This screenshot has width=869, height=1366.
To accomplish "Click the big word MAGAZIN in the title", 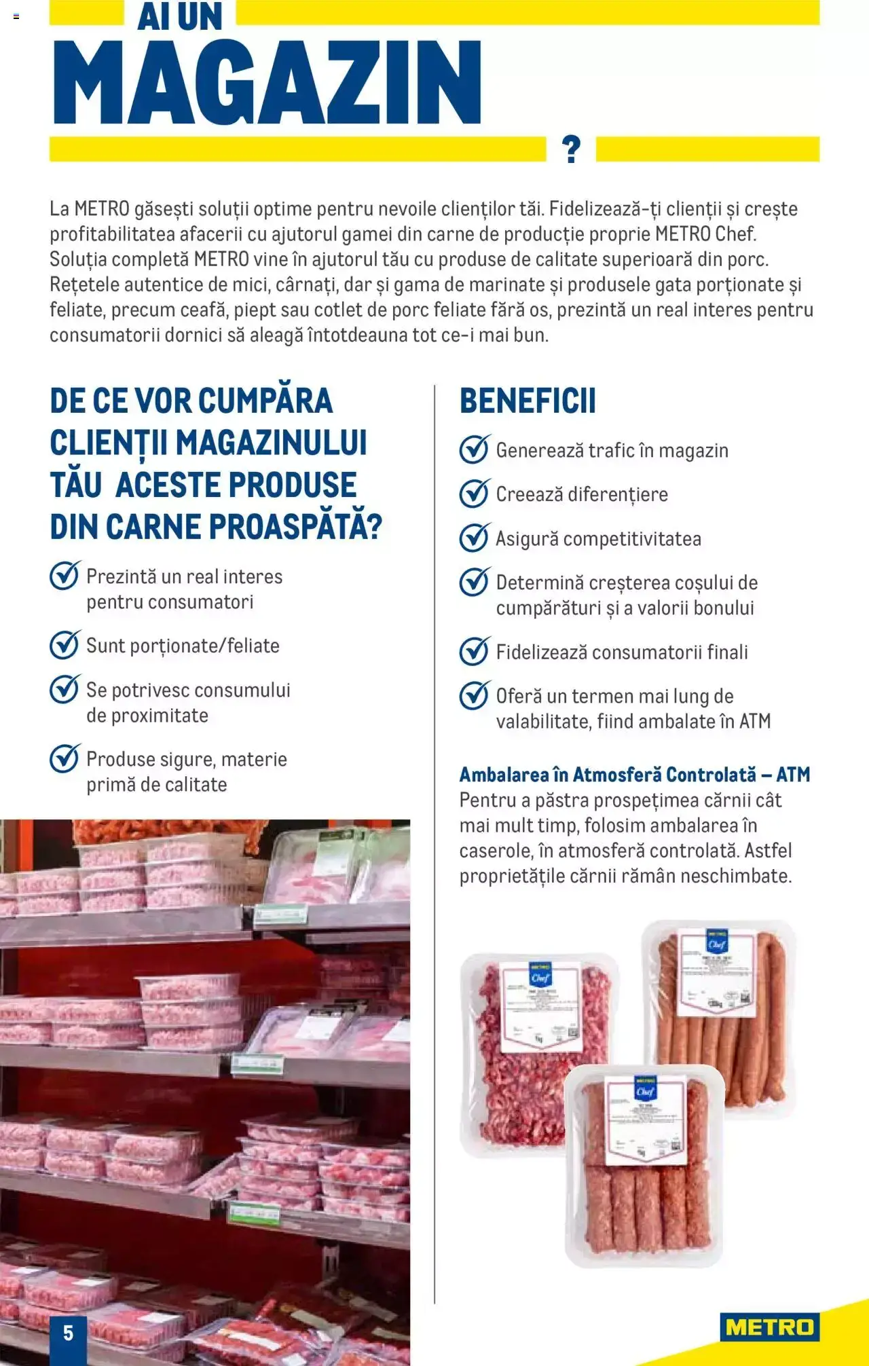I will coord(267,82).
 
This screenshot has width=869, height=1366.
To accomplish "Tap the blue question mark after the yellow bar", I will coord(572,149).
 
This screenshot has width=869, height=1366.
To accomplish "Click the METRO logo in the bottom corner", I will coord(769,1327).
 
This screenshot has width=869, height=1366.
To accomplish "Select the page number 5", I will coord(68,1333).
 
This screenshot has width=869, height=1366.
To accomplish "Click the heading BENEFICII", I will coord(528,401).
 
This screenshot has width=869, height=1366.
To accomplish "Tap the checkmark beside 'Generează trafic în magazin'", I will coord(474,449).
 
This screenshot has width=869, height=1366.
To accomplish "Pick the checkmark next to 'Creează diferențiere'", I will coord(474,494).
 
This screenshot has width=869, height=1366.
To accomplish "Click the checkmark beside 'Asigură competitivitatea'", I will coord(474,538).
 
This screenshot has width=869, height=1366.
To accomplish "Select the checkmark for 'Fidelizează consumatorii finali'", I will coord(474,652).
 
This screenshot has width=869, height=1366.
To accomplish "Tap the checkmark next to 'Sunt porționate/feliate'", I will coord(64,645).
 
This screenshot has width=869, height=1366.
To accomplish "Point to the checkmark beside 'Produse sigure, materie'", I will coord(64,758).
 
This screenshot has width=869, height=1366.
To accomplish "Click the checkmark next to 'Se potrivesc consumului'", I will coord(64,689).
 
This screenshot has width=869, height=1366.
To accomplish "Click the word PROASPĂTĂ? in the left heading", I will coord(295,527).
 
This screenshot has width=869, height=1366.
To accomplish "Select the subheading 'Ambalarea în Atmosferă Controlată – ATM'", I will coord(634,775).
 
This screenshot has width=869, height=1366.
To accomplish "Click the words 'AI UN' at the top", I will coord(180,16).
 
